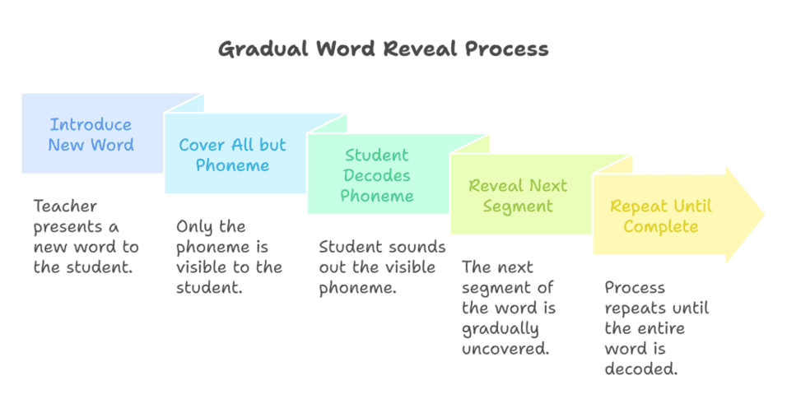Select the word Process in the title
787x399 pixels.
pyautogui.click(x=506, y=49)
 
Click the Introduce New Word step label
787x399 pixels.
pyautogui.click(x=91, y=135)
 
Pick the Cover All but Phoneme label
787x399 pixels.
pyautogui.click(x=232, y=155)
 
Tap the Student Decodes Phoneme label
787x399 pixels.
pyautogui.click(x=377, y=175)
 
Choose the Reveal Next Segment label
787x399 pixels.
pyautogui.click(x=518, y=196)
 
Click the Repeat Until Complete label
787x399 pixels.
pyautogui.click(x=661, y=216)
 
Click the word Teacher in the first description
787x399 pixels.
pyautogui.click(x=65, y=206)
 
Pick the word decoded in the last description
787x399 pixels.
pyautogui.click(x=640, y=369)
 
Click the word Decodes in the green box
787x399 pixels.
pyautogui.click(x=377, y=175)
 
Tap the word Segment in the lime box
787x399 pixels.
pyautogui.click(x=518, y=206)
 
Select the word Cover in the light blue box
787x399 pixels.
pyautogui.click(x=203, y=145)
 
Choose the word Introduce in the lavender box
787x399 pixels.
pyautogui.click(x=91, y=125)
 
